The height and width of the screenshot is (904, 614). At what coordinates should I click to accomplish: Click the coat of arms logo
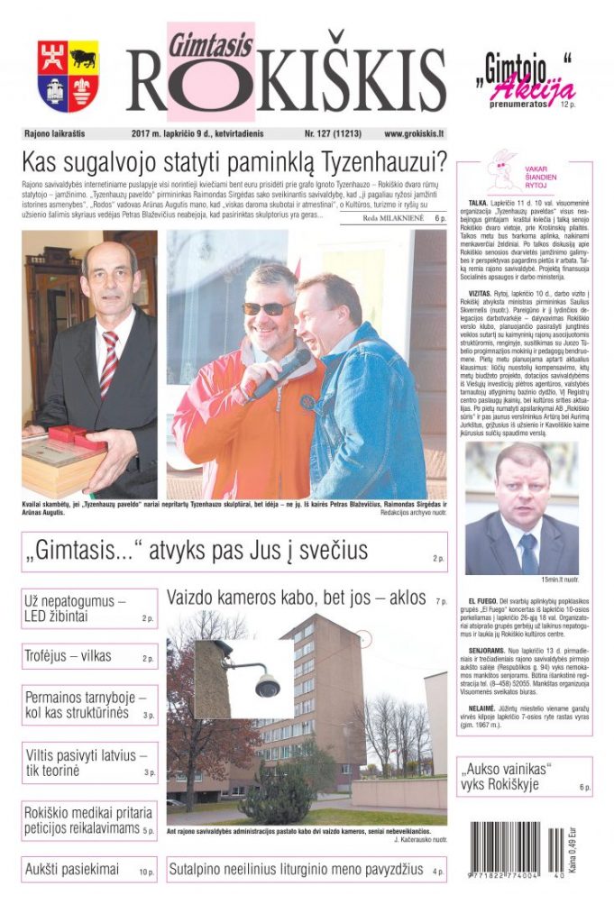(68, 76)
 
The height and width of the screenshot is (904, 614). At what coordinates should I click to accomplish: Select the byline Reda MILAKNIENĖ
(397, 217)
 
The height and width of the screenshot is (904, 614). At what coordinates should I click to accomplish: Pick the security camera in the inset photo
(265, 682)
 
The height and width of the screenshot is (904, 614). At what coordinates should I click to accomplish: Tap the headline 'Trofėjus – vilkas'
(68, 656)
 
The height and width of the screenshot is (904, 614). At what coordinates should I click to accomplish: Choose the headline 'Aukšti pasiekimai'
(70, 870)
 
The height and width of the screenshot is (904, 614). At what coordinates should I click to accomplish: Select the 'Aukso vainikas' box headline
(509, 776)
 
